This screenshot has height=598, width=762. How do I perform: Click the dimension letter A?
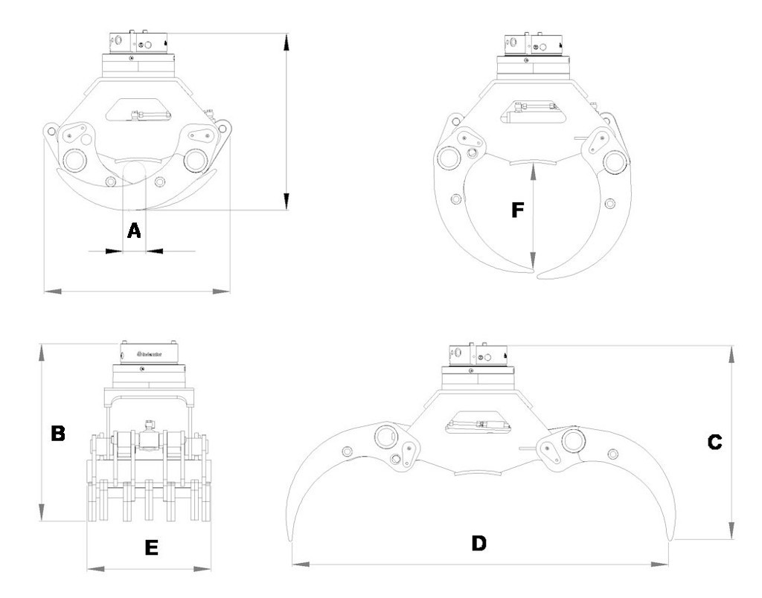coord(134,231)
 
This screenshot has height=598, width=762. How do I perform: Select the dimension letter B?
coord(57,434)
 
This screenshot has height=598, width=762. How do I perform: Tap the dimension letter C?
coord(714,442)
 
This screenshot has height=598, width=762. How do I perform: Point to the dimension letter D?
coord(478,543)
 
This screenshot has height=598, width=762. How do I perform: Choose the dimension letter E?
coord(151,548)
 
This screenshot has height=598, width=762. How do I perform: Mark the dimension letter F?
coord(518,210)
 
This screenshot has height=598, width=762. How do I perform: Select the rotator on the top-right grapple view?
coord(534,46)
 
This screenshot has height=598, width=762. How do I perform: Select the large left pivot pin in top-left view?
coord(74,160)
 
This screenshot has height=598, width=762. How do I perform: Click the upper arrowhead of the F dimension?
coord(534,170)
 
